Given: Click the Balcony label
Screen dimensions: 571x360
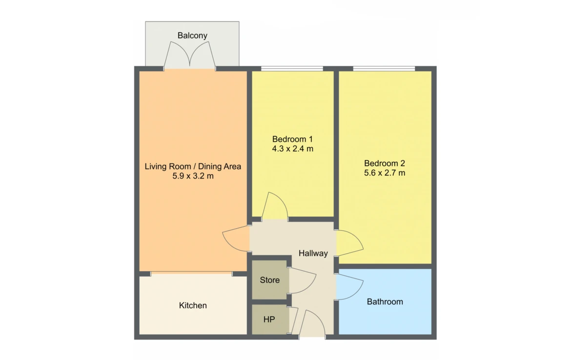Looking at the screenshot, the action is [x=192, y=35].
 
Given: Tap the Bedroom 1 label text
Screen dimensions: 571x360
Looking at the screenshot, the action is [x=292, y=139].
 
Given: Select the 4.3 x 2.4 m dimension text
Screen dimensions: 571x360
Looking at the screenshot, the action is [x=292, y=148].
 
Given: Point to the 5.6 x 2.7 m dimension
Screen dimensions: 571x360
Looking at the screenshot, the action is [x=385, y=173].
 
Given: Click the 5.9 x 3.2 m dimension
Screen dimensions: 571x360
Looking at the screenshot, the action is [x=193, y=176].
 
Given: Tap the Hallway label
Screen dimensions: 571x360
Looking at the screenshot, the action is [x=313, y=253].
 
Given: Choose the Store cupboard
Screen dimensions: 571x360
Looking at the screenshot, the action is [x=270, y=280].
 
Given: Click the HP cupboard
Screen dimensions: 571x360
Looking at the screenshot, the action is [x=269, y=319].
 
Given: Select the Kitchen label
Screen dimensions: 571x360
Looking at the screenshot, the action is [x=193, y=305].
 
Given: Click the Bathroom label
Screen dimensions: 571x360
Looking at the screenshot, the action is [x=385, y=302].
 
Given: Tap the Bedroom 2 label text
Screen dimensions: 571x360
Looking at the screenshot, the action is [x=385, y=163].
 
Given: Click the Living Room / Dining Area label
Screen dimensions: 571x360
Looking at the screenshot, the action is [x=193, y=167].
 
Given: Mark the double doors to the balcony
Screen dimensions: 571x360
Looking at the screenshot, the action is [x=190, y=55].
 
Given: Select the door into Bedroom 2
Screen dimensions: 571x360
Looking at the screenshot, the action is [x=349, y=243].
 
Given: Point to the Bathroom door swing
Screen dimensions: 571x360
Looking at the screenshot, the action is [x=349, y=286].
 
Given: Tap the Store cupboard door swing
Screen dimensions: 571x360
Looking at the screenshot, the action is [x=302, y=280].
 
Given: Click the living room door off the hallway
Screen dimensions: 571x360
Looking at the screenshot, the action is [x=236, y=239].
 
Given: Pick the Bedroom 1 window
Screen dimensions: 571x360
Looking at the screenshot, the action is [x=292, y=68].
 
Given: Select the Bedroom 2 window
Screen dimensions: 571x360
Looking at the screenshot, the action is [x=384, y=68].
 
